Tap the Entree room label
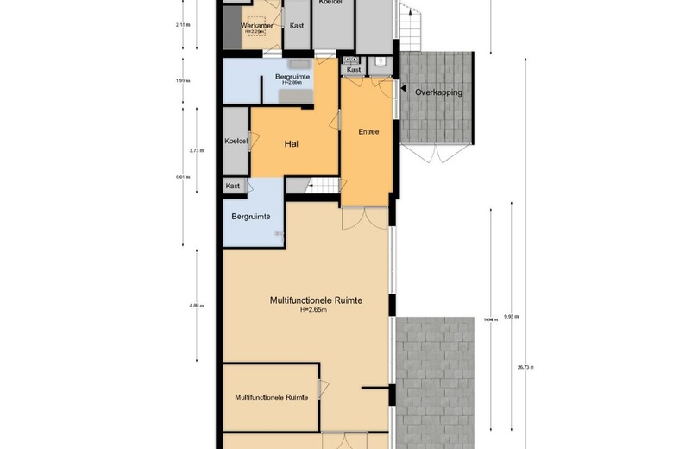[x=368, y=132]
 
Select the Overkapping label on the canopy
[x=438, y=92]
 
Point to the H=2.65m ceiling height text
[x=315, y=310]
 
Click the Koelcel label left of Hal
[x=236, y=141]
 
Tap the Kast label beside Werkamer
[x=297, y=26]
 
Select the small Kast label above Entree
[x=353, y=70]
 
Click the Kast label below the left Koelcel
[x=233, y=186]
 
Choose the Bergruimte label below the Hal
[x=252, y=216]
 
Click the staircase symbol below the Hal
[x=324, y=185]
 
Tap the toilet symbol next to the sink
[x=381, y=61]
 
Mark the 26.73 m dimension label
[x=525, y=367]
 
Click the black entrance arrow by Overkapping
[x=398, y=87]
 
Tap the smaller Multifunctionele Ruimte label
[x=272, y=397]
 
